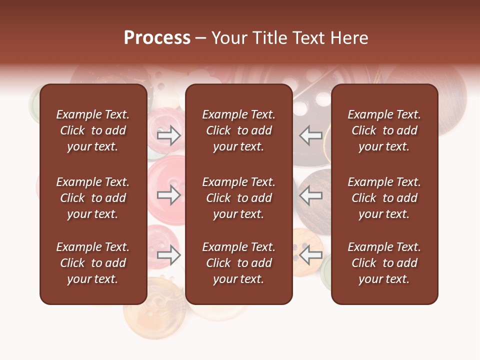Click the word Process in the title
coord(157,38)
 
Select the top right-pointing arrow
coord(169,135)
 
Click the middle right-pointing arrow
coord(169,195)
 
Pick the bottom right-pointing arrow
coord(169,255)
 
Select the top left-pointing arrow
coord(310,135)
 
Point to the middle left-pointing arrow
coord(310,195)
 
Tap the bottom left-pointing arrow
coord(310,255)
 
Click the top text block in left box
coord(93,130)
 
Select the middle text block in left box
coord(93,198)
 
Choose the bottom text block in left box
coord(93,263)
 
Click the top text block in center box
coord(238,130)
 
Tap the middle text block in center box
coord(238,198)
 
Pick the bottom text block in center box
coord(238,263)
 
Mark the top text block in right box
coord(384,130)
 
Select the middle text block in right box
coord(384,198)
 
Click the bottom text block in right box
coord(384,263)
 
